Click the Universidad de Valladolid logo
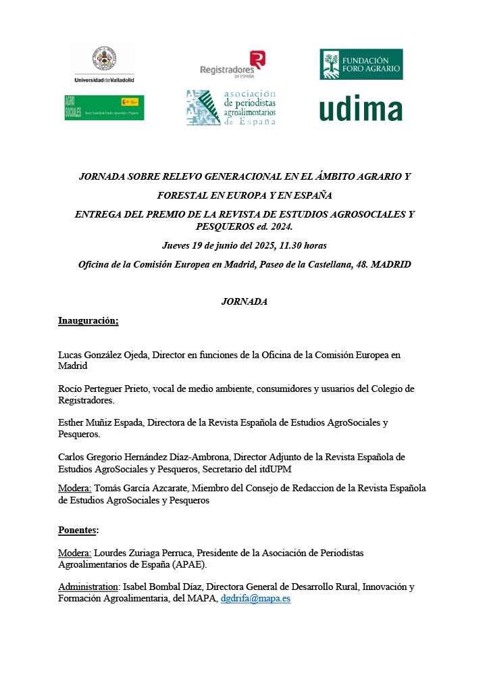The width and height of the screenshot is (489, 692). [104, 64]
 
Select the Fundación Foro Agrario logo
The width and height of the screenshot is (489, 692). [361, 64]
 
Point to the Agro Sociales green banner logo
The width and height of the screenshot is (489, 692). [104, 107]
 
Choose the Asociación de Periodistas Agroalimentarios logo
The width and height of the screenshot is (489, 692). [232, 108]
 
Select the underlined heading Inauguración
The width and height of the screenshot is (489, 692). [88, 320]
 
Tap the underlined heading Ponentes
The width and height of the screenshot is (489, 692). [78, 530]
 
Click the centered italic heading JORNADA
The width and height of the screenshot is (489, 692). [244, 301]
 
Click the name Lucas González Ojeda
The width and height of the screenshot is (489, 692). [103, 354]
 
